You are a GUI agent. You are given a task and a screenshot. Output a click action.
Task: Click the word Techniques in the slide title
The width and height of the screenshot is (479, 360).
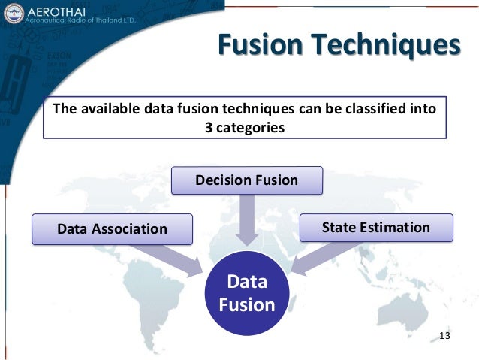pos(386,45)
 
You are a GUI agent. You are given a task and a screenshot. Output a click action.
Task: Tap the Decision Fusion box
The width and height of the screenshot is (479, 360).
pos(247,180)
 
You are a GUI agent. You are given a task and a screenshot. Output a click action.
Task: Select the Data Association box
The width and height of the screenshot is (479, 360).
pos(112,229)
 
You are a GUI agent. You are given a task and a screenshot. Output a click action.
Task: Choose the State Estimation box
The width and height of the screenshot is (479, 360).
pos(376,227)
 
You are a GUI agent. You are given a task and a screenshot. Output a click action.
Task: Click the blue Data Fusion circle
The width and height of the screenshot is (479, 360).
pos(247,293)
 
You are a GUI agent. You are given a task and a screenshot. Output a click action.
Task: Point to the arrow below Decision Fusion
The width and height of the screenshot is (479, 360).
pos(246,218)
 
